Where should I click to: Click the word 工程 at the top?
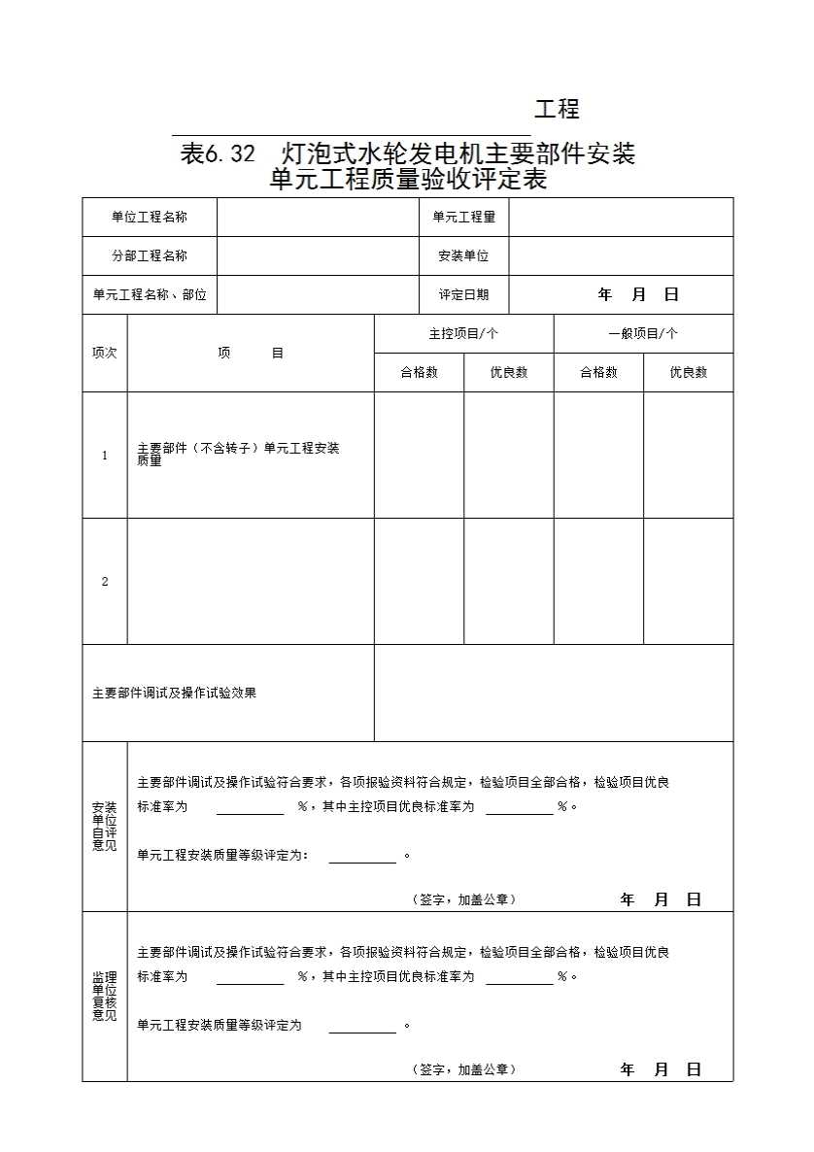coord(557,110)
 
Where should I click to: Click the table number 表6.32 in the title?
coord(218,153)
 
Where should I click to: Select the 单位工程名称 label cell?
coord(150,218)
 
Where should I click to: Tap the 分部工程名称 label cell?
coord(150,256)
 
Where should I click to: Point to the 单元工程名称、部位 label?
coord(150,295)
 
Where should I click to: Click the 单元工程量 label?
coord(463,218)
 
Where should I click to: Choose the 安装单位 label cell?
coord(463,256)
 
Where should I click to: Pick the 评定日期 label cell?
coord(463,295)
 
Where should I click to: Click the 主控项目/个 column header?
coord(463,334)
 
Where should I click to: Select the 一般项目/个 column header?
coord(643,334)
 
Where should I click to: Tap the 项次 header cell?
coord(104,354)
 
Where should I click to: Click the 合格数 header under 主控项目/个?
coord(419,373)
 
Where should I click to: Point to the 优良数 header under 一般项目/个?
coord(688,373)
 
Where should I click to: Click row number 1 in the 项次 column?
coord(105,456)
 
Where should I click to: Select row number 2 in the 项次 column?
coord(105,582)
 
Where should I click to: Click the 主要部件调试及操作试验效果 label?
coord(175,694)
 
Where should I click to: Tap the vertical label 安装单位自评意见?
coord(104,827)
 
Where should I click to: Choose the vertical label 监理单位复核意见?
coord(104,997)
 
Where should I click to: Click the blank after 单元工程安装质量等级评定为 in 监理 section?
coord(362,1027)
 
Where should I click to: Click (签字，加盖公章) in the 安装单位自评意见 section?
coord(463,900)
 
